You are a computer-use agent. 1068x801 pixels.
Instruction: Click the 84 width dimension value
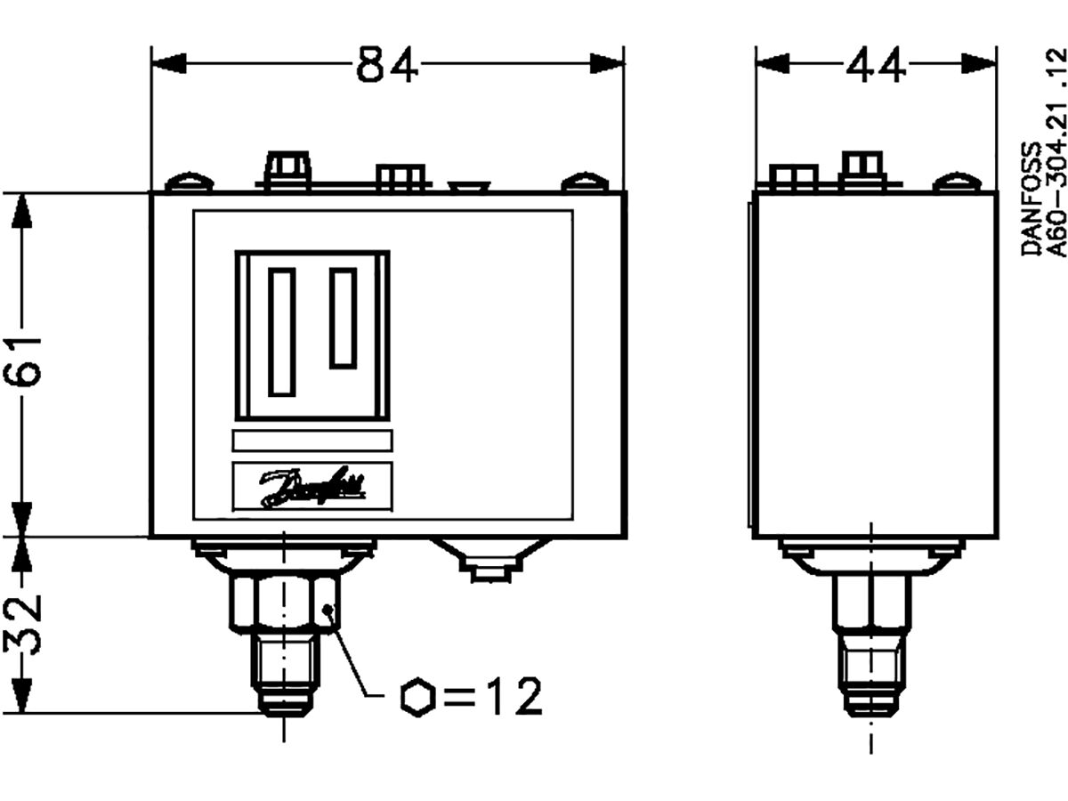[387, 64]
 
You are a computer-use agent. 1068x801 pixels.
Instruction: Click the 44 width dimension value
[875, 64]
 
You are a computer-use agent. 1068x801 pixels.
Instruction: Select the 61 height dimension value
[25, 360]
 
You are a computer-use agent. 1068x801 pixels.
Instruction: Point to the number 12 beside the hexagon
[512, 697]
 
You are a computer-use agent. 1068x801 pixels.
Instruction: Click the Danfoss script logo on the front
[311, 487]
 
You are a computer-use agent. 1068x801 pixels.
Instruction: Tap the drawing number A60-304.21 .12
[1056, 151]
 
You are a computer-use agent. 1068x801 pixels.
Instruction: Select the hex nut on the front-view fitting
[284, 603]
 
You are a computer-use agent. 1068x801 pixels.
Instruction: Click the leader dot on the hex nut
[329, 610]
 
